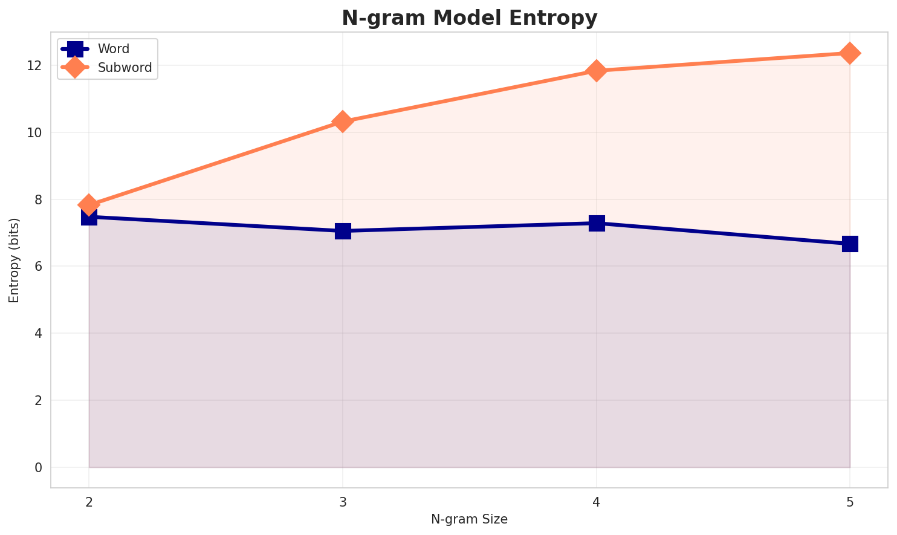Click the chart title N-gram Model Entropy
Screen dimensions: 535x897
(469, 18)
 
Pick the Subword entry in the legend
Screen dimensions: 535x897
(125, 68)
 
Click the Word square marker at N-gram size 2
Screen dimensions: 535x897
(89, 216)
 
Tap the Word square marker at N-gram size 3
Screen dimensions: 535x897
(343, 231)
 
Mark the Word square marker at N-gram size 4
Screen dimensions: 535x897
(597, 223)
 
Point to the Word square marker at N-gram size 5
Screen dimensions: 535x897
(850, 244)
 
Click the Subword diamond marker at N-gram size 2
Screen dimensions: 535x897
(89, 205)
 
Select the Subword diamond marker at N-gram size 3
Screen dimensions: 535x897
(343, 122)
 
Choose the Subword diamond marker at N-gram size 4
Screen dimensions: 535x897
(597, 71)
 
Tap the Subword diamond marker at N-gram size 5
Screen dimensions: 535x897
(850, 53)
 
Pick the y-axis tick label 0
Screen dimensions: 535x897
(39, 467)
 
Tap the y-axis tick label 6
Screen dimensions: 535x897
(39, 266)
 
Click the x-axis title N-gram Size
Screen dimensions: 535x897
(469, 519)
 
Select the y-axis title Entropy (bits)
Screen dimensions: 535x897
(15, 260)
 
